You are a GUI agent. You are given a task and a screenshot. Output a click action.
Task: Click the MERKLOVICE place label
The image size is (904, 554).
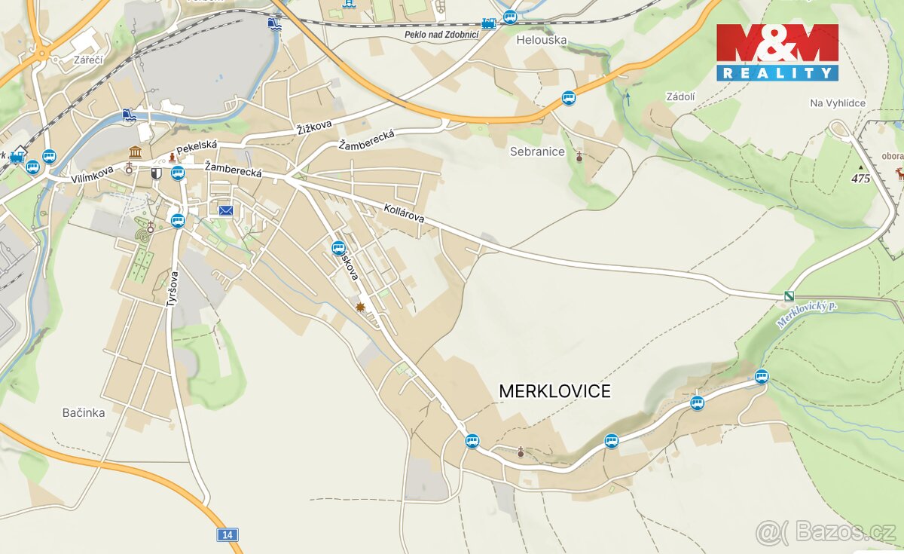coord(554,391)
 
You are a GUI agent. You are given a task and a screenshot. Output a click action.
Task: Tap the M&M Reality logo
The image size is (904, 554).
coord(777,52)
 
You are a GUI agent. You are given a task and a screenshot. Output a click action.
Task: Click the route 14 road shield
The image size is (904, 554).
coord(227,534)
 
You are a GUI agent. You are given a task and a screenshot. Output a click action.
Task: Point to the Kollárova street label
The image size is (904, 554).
coord(404,212)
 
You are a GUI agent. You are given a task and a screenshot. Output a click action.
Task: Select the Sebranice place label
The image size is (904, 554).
coord(537,152)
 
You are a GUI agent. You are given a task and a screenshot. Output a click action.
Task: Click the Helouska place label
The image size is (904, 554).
coord(542,40)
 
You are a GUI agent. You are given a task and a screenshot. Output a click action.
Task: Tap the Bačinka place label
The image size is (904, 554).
coord(84,413)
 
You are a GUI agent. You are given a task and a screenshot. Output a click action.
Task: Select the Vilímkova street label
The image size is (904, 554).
coord(93,175)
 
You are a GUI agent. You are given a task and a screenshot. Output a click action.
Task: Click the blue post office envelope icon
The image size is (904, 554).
coord(226,210)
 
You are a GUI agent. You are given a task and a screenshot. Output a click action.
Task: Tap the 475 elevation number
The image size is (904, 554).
coord(860,179)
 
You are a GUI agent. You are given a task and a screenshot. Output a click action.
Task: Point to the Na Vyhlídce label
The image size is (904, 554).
coord(838,103)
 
